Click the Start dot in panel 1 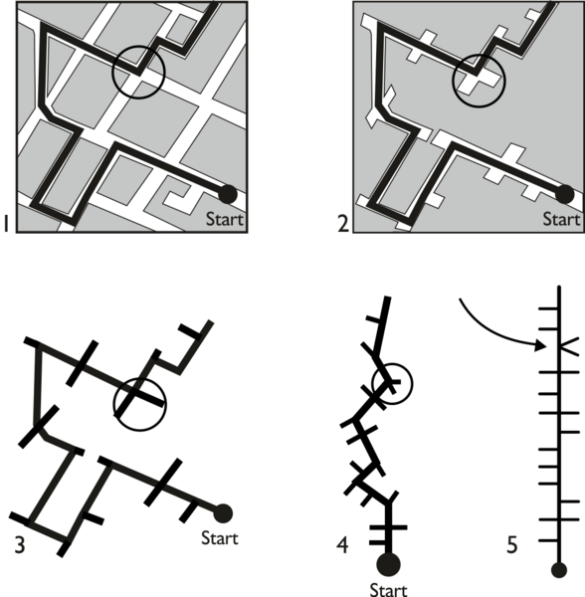click(x=228, y=194)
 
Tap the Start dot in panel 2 click(x=564, y=194)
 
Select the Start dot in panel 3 click(x=223, y=513)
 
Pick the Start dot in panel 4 click(x=388, y=564)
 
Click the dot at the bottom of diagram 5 click(x=559, y=570)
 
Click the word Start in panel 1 click(x=224, y=219)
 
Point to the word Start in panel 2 click(x=561, y=219)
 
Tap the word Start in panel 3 click(x=220, y=538)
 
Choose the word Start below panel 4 click(x=388, y=590)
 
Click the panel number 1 click(x=6, y=223)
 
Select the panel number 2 click(x=343, y=224)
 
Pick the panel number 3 click(x=20, y=545)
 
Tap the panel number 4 click(x=342, y=545)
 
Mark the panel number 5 click(x=512, y=545)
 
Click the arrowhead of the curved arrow click(x=541, y=345)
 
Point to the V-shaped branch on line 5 click(x=569, y=346)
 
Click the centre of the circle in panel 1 click(x=138, y=73)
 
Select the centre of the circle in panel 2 click(x=479, y=81)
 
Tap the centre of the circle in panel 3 click(x=140, y=404)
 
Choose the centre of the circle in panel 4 click(x=392, y=384)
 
